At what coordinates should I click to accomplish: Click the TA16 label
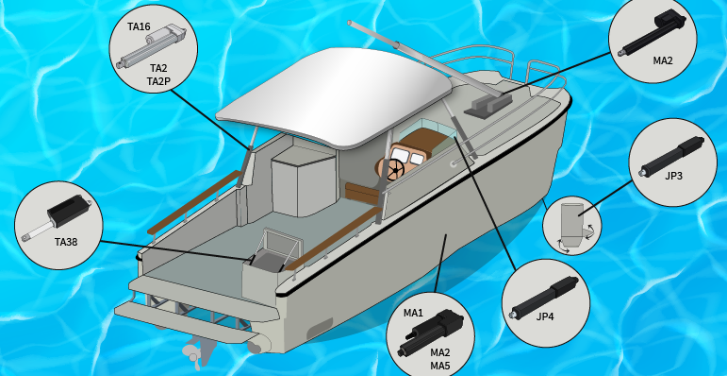(x=139, y=27)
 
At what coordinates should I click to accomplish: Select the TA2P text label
(x=158, y=82)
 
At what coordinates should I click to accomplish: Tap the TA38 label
(x=66, y=242)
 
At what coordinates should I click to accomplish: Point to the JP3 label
(x=673, y=176)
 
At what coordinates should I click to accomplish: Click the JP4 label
(x=545, y=317)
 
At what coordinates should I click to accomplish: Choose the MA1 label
(x=413, y=313)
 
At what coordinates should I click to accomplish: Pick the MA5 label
(x=440, y=366)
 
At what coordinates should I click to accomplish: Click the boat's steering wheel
(x=395, y=170)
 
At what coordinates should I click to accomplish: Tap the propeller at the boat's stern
(x=195, y=354)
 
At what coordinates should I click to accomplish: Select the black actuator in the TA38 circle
(x=57, y=217)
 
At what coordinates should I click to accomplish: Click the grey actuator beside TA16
(x=151, y=47)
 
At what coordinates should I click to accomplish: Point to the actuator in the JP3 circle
(x=672, y=155)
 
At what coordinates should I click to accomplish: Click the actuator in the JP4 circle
(x=543, y=298)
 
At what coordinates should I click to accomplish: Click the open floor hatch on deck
(x=277, y=252)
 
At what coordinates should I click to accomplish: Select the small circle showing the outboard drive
(x=571, y=226)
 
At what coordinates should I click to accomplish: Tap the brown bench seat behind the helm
(x=363, y=193)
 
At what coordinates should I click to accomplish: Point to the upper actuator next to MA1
(x=434, y=325)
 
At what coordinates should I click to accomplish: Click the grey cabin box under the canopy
(x=304, y=182)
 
